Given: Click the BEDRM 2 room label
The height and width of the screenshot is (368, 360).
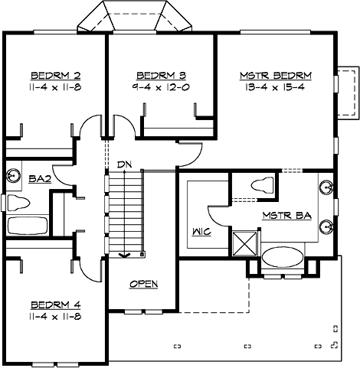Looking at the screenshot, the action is (56, 76).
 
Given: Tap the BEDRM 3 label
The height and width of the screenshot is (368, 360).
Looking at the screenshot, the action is (162, 76).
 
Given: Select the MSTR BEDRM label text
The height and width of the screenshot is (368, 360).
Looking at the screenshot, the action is (276, 76).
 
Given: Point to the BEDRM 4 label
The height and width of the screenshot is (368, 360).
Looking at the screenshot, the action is (56, 304).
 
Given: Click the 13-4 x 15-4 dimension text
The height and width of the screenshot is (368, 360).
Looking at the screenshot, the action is (275, 87).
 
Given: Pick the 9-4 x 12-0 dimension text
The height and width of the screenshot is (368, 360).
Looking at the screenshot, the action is (161, 87).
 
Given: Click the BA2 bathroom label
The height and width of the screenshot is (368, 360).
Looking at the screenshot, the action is (40, 179).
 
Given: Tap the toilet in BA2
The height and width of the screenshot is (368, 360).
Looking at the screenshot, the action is (18, 203).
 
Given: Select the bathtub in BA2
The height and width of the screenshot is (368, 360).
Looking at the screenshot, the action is (28, 226).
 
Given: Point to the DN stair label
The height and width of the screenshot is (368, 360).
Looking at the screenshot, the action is (125, 164).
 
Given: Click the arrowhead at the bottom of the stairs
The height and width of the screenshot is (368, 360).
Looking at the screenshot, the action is (125, 255).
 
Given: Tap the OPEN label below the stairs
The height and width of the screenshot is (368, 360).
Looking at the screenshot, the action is (144, 284).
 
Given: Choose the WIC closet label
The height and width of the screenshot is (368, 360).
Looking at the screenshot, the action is (201, 232).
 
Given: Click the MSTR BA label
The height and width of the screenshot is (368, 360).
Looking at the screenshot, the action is (287, 216).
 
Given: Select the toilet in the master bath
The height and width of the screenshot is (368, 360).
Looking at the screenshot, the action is (262, 185).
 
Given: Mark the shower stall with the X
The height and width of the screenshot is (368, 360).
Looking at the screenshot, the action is (244, 243).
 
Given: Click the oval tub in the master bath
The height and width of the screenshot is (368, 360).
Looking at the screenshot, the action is (283, 258).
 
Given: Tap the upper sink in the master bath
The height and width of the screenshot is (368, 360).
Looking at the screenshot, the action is (326, 188).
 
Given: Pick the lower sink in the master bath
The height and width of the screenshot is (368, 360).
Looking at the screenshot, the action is (326, 226).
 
